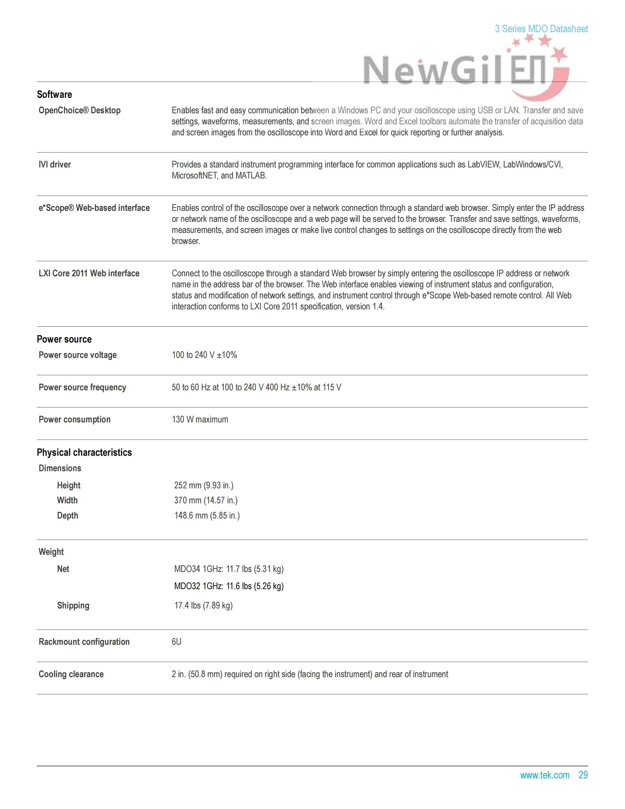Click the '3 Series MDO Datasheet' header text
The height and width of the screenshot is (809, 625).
[541, 29]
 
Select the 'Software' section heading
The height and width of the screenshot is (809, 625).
[54, 94]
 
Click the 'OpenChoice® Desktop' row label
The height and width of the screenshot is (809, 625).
[80, 111]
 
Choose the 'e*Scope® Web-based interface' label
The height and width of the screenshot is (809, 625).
[94, 208]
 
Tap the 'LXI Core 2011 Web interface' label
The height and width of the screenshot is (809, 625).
[89, 273]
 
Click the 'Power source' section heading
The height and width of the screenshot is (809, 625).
[64, 339]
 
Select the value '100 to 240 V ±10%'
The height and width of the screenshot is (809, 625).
[204, 355]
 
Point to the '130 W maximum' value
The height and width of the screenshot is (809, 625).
[200, 419]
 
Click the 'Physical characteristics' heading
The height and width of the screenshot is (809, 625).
[84, 452]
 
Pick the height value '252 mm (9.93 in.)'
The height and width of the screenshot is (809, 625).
[204, 485]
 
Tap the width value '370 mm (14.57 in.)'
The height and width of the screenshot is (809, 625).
[206, 501]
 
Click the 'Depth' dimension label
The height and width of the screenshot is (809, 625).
[67, 516]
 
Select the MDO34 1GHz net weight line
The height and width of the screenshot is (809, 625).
[229, 569]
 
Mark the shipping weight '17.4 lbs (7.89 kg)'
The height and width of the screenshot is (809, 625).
[203, 605]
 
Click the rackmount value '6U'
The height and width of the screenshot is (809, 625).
[177, 642]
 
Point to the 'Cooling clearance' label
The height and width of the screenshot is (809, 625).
[71, 674]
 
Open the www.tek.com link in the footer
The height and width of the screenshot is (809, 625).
[544, 775]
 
